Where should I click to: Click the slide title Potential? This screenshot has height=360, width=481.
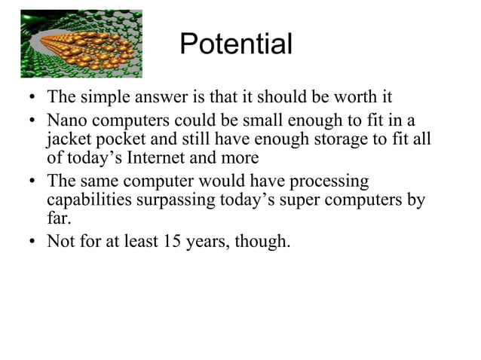pyautogui.click(x=236, y=45)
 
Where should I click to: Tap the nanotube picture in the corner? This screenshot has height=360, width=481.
pyautogui.click(x=81, y=44)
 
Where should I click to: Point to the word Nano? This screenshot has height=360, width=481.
pyautogui.click(x=66, y=121)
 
